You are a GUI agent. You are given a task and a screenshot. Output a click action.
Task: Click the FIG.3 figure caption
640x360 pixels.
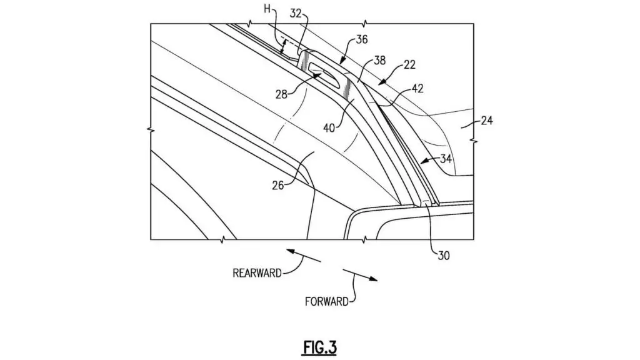pyautogui.click(x=319, y=347)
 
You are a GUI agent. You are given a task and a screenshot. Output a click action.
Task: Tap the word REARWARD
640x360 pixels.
pyautogui.click(x=257, y=272)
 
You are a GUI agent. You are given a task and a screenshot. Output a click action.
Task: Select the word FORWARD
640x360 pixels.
pyautogui.click(x=326, y=302)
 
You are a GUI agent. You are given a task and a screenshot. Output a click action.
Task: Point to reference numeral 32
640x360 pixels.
pyautogui.click(x=295, y=14)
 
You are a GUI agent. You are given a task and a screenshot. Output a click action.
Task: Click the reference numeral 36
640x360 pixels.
pyautogui.click(x=362, y=39)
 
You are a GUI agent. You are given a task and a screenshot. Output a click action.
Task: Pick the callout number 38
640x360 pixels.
pyautogui.click(x=379, y=61)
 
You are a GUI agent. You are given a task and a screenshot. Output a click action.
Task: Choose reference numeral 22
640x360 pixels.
pyautogui.click(x=409, y=64)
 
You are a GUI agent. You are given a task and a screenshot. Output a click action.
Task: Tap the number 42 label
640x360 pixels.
pyautogui.click(x=417, y=88)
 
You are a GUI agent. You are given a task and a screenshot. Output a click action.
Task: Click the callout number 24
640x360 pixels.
pyautogui.click(x=487, y=121)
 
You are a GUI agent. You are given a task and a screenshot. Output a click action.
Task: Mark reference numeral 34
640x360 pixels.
pyautogui.click(x=446, y=158)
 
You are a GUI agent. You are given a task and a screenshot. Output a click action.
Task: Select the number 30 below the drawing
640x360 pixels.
pyautogui.click(x=444, y=256)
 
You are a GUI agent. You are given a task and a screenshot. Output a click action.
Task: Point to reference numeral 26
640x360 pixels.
pyautogui.click(x=278, y=186)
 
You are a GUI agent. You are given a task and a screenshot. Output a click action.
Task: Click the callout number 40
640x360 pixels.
pyautogui.click(x=329, y=127)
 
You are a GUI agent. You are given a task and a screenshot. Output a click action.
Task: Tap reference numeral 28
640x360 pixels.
pyautogui.click(x=281, y=95)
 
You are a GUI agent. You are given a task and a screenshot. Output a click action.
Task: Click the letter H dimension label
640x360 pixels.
pyautogui.click(x=267, y=9)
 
